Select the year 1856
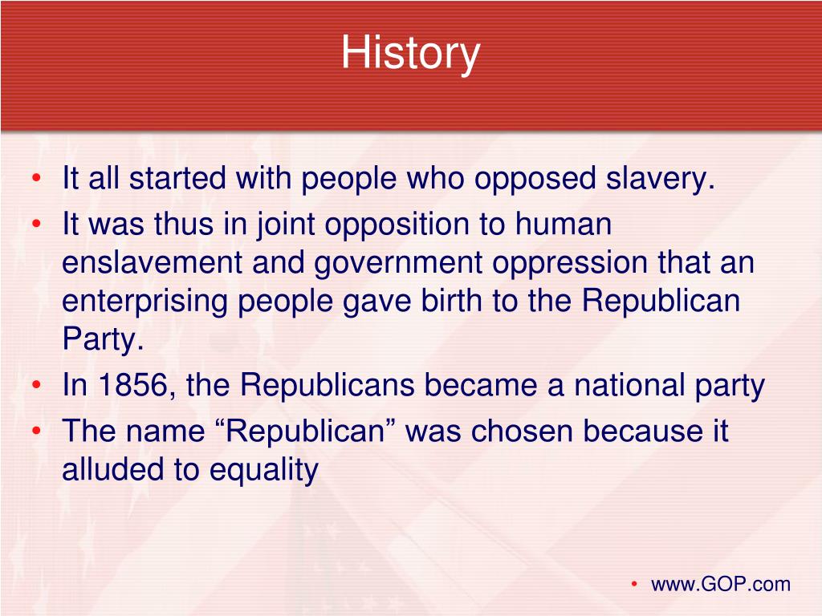[x=132, y=385]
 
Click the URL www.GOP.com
[x=720, y=584]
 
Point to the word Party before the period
[x=100, y=340]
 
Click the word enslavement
[x=152, y=262]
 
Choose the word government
[x=398, y=263]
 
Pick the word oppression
[x=570, y=263]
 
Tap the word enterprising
[x=144, y=302]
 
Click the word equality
[x=263, y=470]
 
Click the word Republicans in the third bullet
[x=328, y=386]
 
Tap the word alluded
[x=113, y=468]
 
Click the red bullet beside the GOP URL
[x=634, y=584]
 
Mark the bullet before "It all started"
[x=36, y=178]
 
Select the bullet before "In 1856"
[x=36, y=385]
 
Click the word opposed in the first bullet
[x=535, y=180]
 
